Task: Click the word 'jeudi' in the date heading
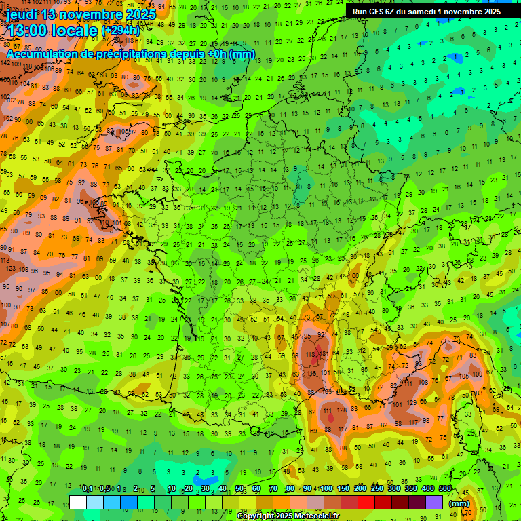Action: pos(22,14)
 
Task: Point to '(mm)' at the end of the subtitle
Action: pos(242,54)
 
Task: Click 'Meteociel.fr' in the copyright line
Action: pos(316,516)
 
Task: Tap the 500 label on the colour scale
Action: pos(445,489)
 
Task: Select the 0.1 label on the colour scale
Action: pos(88,489)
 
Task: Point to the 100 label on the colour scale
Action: pos(327,489)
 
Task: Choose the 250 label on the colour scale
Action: pos(377,489)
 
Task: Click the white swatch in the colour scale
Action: pos(78,502)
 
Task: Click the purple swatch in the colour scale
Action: pos(435,502)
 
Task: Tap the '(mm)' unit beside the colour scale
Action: pos(459,503)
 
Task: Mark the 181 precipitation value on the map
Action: pos(324,353)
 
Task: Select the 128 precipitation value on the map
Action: pos(342,410)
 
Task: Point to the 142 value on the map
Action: pos(7,62)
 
